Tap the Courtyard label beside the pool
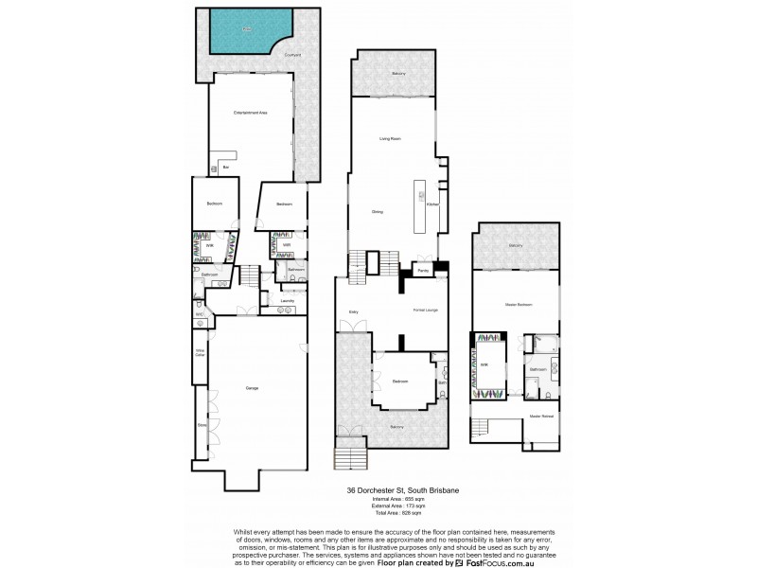click(x=292, y=55)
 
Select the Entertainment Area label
click(x=251, y=113)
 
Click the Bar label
click(x=226, y=168)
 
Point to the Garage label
click(x=252, y=388)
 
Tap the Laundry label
click(x=288, y=301)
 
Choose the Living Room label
click(x=391, y=139)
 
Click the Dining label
click(x=377, y=211)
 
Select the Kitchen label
click(x=431, y=204)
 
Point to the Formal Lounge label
click(x=425, y=310)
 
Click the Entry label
click(x=351, y=310)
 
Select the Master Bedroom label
click(x=518, y=305)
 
